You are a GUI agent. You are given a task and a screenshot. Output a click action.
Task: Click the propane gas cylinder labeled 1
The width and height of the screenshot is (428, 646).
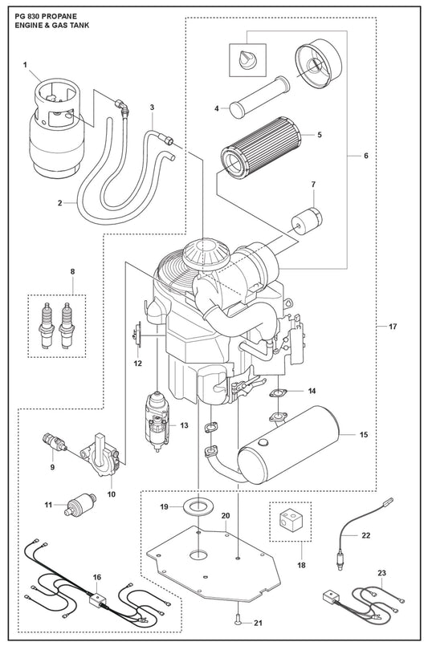(x=56, y=127)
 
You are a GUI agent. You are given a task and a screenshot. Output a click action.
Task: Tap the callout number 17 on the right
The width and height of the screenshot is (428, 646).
(x=392, y=327)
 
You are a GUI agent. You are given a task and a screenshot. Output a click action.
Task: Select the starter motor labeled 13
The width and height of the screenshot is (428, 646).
(x=157, y=421)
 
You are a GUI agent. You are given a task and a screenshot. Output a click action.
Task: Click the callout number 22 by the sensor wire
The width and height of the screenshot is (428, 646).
(x=365, y=535)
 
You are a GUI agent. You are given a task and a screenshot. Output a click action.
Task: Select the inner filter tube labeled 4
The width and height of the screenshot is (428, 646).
(x=259, y=96)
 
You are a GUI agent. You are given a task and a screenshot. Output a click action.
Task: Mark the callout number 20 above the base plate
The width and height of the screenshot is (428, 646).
(x=225, y=516)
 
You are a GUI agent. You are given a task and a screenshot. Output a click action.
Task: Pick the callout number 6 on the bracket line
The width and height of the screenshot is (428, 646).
(x=366, y=156)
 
